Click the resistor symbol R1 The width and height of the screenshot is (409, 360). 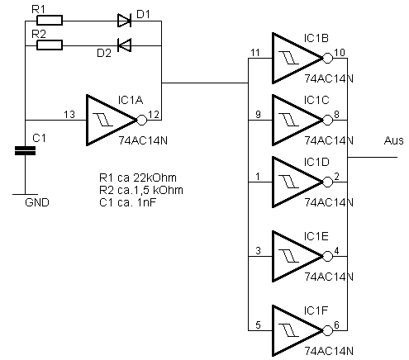pos(50,21)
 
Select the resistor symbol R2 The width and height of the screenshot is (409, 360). pos(50,45)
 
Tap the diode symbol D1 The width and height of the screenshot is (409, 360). pos(124,21)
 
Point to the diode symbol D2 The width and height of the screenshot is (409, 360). pos(124,45)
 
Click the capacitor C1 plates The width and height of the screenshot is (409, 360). pos(25,151)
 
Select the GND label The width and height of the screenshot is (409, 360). pos(37,202)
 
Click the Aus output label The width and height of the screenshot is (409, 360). pos(394,140)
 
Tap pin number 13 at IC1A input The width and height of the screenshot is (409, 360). pos(69,114)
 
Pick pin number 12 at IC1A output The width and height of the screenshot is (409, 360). pos(154,114)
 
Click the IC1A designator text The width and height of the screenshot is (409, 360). pos(131,100)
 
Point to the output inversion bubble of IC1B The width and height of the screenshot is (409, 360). pos(327,59)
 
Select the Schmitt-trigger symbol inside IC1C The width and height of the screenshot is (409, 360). pos(288,120)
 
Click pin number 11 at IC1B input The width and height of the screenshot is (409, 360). pos(255,52)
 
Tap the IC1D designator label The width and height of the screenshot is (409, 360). pos(316,162)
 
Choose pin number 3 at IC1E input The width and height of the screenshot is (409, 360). pos(258,251)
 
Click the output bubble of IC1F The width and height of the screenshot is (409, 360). pos(327,330)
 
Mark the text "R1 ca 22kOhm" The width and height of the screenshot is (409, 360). pos(138,178)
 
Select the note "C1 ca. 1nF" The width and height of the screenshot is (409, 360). pos(127,202)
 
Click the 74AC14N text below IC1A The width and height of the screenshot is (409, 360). pos(143,140)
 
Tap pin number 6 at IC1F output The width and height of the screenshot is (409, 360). pos(336,325)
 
